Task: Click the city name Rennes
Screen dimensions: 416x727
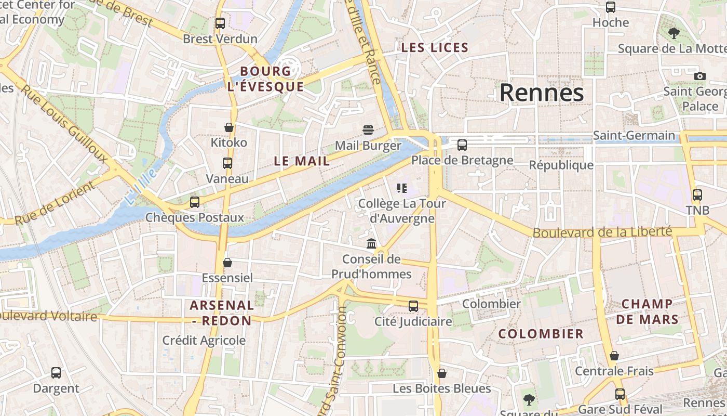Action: [x=542, y=93]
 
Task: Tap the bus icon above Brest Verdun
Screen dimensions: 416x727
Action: [x=220, y=23]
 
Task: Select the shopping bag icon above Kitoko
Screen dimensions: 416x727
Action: [x=229, y=127]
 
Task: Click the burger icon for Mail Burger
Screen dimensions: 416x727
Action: [x=368, y=129]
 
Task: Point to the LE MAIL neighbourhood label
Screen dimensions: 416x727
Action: [x=302, y=161]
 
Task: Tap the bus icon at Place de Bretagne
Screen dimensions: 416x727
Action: [x=462, y=145]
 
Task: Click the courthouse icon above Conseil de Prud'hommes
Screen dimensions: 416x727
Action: [x=371, y=243]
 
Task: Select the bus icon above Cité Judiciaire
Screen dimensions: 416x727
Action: [x=413, y=306]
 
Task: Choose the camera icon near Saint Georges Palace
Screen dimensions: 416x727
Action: [x=699, y=76]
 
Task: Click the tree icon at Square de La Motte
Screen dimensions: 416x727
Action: [x=674, y=33]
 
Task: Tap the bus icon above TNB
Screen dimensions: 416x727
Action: [x=697, y=195]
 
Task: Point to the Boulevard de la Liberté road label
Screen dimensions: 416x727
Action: [x=602, y=232]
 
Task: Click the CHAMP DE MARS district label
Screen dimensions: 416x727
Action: [x=647, y=311]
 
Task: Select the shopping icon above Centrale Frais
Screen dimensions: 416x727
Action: [x=614, y=356]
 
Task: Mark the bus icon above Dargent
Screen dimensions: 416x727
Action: [x=56, y=373]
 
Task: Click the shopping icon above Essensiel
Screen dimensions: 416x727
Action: [x=227, y=263]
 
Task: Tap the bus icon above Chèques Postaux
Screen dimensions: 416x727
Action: [x=195, y=202]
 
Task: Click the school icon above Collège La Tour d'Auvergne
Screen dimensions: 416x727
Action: [x=401, y=188]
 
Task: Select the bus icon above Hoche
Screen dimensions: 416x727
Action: [x=611, y=7]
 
